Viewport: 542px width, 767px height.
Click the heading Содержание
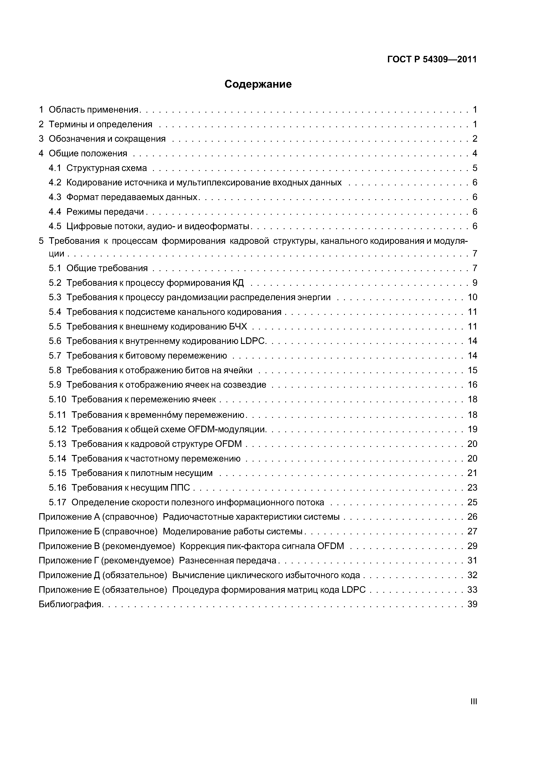pos(258,84)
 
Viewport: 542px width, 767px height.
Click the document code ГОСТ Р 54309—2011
pos(432,59)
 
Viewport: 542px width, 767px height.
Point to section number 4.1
pos(55,168)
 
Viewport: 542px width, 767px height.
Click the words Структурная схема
pos(106,168)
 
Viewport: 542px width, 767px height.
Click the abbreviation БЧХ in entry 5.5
pos(238,326)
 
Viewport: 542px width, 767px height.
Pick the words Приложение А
pos(69,517)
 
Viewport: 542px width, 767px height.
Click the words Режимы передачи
pos(105,212)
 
